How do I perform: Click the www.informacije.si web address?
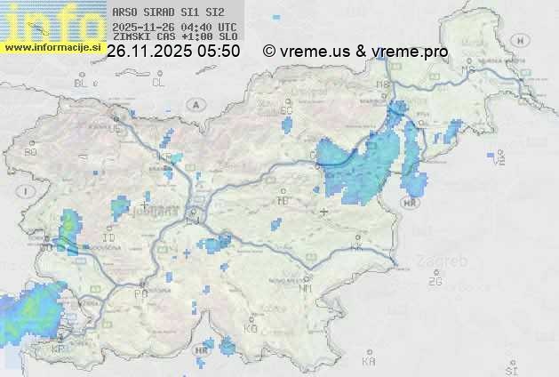click(x=52, y=45)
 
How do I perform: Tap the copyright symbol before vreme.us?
click(x=269, y=52)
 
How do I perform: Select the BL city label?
click(x=84, y=83)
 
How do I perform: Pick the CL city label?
click(x=159, y=83)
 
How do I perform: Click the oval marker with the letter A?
click(x=194, y=104)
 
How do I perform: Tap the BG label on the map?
click(x=30, y=152)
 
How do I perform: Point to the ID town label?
click(x=109, y=238)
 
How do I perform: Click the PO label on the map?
click(x=140, y=293)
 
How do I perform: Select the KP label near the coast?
click(x=59, y=349)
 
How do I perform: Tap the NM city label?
click(x=306, y=288)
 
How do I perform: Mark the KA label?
click(x=369, y=362)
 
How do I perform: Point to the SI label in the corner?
click(x=510, y=367)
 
